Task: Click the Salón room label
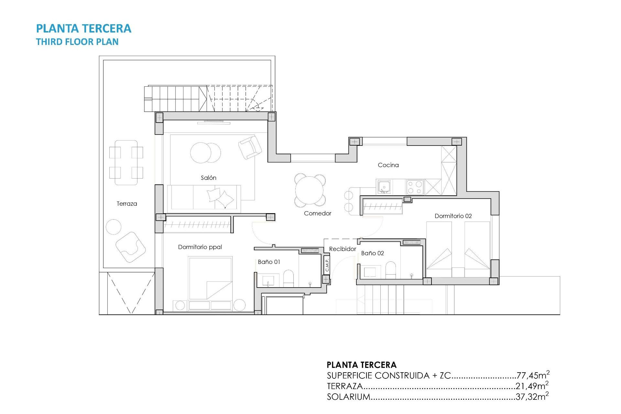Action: click(x=208, y=178)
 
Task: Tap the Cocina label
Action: click(x=388, y=165)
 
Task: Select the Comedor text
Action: click(x=317, y=213)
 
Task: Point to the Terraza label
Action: click(x=127, y=204)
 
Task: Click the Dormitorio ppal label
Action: click(x=200, y=247)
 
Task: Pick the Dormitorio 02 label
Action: click(x=453, y=216)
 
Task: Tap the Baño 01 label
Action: click(x=269, y=262)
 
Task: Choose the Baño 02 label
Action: click(x=372, y=253)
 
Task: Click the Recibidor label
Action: click(x=342, y=249)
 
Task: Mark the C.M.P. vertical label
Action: click(x=327, y=265)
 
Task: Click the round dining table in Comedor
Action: click(x=310, y=190)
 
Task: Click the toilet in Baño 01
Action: click(x=288, y=278)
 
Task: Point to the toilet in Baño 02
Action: click(x=391, y=270)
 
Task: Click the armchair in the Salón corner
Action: click(x=250, y=147)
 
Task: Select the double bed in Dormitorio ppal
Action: click(x=210, y=278)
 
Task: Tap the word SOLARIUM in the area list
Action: click(x=348, y=397)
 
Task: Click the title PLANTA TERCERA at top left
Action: click(x=83, y=28)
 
